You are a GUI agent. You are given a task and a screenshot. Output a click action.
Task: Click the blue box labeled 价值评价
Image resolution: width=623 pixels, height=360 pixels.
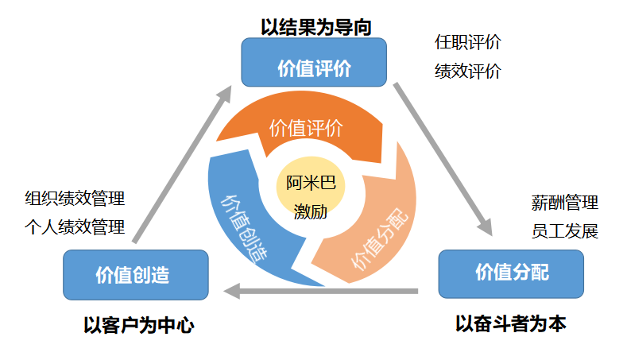(314, 62)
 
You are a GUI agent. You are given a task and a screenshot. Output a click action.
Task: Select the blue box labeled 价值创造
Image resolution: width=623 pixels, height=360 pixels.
(136, 275)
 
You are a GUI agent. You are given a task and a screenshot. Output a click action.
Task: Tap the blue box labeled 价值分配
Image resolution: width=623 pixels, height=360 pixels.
(511, 273)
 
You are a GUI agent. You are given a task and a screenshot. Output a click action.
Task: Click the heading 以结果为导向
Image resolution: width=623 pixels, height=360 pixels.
(316, 27)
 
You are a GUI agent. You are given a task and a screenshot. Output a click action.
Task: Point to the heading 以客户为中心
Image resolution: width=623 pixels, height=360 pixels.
(138, 326)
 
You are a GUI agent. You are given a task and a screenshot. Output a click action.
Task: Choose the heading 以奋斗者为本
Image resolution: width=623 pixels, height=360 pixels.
(510, 323)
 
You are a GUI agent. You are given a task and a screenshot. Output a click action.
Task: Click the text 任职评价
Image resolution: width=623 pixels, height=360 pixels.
(467, 42)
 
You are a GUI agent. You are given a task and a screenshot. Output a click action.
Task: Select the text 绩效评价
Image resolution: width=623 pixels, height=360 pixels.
(467, 72)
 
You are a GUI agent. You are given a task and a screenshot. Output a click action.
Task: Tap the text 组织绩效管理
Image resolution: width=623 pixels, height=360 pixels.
(75, 199)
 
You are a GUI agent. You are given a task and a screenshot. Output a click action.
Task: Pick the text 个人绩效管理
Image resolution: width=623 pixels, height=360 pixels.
(75, 227)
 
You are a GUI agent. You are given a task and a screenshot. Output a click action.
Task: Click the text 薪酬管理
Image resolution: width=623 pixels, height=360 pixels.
(564, 203)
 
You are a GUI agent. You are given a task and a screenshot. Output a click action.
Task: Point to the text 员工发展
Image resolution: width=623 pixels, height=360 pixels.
(564, 231)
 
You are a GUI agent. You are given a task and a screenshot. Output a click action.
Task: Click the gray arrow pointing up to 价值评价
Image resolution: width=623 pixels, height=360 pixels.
(183, 164)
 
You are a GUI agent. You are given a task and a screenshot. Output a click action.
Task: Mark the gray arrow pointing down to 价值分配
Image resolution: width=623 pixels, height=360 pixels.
(443, 159)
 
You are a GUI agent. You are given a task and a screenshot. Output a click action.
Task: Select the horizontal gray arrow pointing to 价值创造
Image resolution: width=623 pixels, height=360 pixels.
(321, 291)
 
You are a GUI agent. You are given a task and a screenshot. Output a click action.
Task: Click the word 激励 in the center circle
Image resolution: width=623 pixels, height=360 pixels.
(311, 211)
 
